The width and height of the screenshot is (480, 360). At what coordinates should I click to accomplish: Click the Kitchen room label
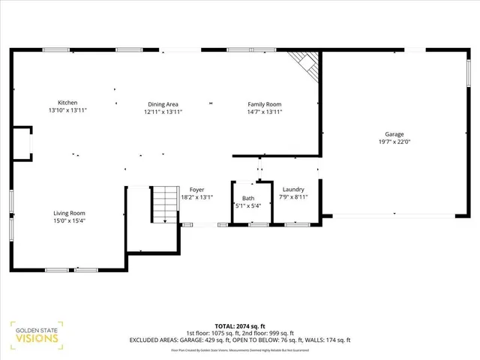coord(67,103)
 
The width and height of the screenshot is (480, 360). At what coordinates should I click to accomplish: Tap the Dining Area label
coord(163,103)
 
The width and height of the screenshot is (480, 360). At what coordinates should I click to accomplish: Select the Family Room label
coord(265,103)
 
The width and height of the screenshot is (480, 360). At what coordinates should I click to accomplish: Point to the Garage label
coord(394,134)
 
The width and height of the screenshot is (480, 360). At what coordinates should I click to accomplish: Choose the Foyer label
coord(196,190)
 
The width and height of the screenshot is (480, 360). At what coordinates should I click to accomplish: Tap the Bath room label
coord(247,198)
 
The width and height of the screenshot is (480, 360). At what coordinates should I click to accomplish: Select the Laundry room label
coord(293,190)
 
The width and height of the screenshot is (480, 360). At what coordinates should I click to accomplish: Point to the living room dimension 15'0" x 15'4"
coord(68,221)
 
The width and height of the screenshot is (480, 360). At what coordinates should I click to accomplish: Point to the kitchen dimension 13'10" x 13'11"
coord(67,111)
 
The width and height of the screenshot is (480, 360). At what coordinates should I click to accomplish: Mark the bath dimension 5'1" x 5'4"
coord(247,205)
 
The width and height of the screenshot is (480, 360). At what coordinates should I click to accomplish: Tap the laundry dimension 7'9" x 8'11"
coord(293,197)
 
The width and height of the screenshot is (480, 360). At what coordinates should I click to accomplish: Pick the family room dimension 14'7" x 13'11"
coord(265,112)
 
